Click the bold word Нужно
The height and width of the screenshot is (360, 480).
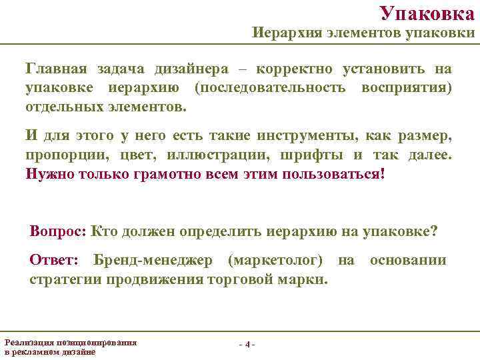click(x=49, y=174)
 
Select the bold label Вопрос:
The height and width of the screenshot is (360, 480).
click(x=58, y=231)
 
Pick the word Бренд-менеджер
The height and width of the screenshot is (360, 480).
click(x=153, y=260)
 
